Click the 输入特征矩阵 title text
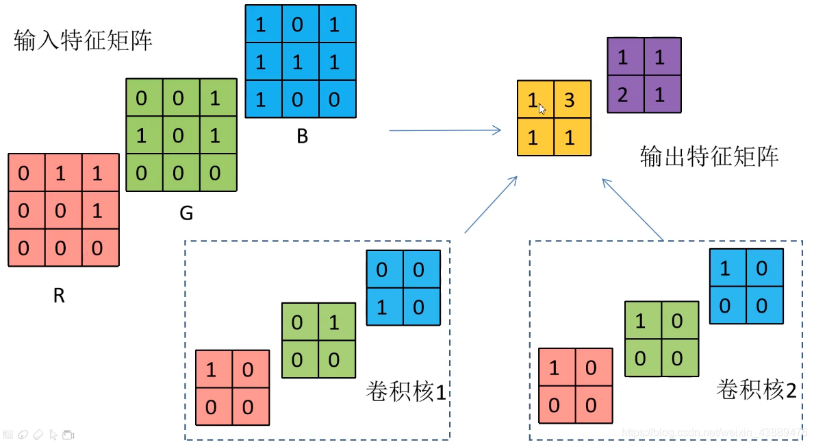coord(83,41)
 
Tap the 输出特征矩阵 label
coord(709,157)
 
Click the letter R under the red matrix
coord(59,296)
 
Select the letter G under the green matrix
coord(186,214)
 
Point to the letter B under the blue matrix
coord(302,136)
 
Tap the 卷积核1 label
coord(406,392)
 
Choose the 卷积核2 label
coord(756,390)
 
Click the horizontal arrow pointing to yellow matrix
coord(445,130)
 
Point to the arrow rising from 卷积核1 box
coord(490,204)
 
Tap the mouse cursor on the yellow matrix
coord(542,108)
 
